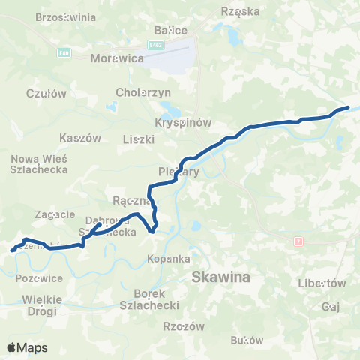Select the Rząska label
click(x=241, y=11)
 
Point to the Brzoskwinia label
click(x=65, y=16)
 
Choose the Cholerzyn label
click(x=144, y=91)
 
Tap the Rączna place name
click(x=129, y=201)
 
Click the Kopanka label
click(x=168, y=258)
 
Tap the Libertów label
click(x=322, y=283)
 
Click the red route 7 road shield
click(x=298, y=241)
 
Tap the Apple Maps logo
click(x=27, y=347)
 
